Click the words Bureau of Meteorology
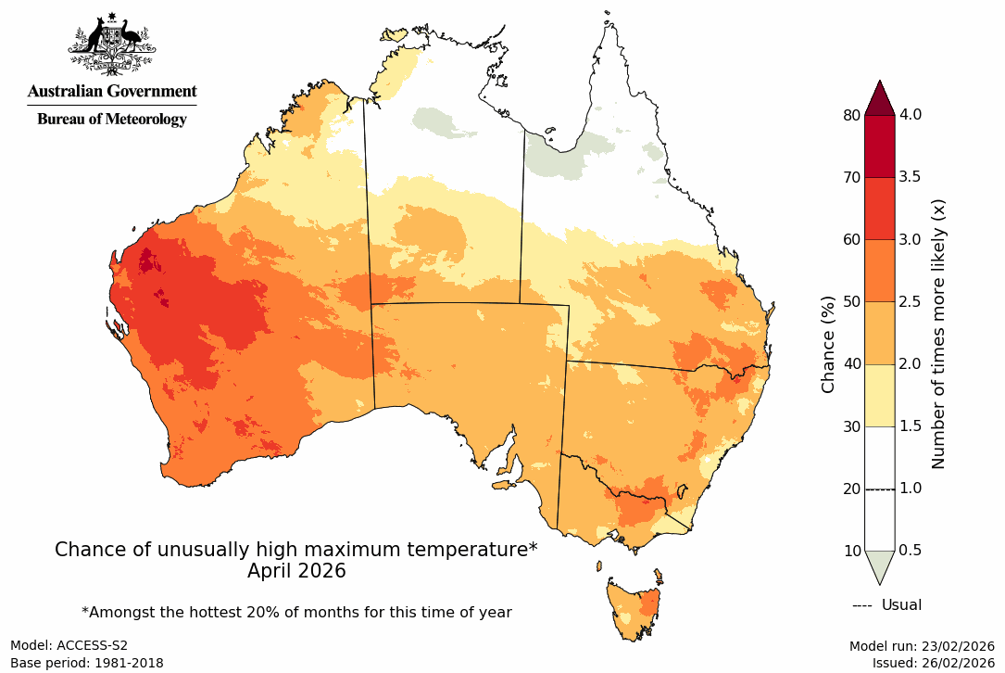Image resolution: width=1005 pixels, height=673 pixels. click(x=111, y=119)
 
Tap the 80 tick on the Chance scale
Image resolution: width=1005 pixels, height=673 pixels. click(x=850, y=115)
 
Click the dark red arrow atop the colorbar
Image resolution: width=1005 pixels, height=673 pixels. click(x=880, y=97)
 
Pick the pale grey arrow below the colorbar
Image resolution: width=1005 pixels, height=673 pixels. click(x=880, y=565)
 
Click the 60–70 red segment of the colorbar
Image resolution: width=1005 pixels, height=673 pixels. click(x=880, y=209)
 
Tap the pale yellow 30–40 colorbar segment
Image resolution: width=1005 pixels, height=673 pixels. click(x=880, y=395)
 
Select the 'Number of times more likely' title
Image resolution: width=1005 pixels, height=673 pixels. click(x=937, y=333)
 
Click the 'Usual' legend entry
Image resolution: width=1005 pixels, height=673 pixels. click(x=900, y=605)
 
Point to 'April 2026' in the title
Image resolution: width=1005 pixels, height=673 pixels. click(x=296, y=572)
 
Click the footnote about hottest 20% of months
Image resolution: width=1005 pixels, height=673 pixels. click(x=296, y=613)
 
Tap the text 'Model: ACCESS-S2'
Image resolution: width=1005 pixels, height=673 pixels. click(x=69, y=645)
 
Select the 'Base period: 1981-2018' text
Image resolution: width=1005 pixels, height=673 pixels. click(x=86, y=663)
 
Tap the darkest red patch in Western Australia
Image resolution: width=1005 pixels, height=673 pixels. click(x=145, y=261)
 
